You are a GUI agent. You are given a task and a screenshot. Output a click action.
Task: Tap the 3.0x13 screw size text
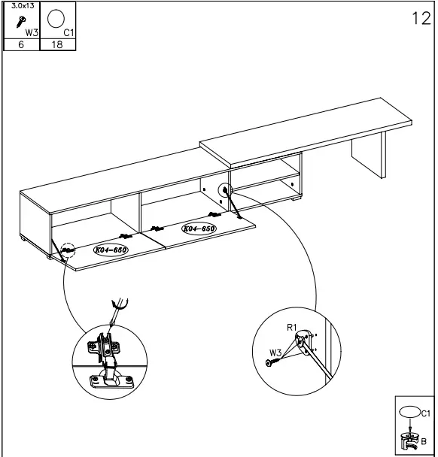click(x=20, y=5)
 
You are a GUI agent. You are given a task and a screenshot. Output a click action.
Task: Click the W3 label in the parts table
click(x=31, y=32)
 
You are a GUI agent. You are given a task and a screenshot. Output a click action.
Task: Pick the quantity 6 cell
click(x=21, y=44)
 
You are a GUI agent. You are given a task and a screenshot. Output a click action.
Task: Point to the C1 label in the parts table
click(x=68, y=32)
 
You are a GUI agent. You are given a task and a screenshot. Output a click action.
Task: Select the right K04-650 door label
click(x=199, y=228)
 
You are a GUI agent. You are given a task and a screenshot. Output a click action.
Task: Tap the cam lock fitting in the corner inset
click(x=411, y=442)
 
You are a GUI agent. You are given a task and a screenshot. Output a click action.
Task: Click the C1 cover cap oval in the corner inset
click(x=410, y=413)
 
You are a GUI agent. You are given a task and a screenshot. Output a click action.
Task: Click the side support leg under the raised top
click(x=368, y=156)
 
